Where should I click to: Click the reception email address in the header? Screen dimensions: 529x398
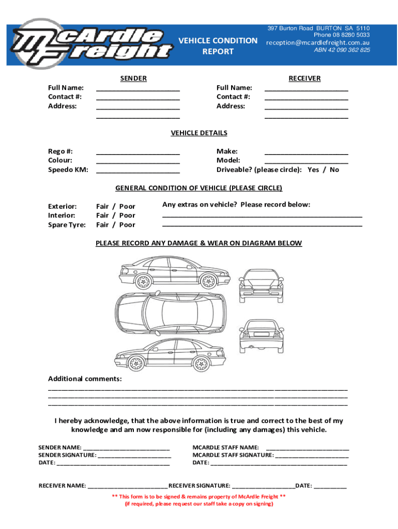[x=318, y=43]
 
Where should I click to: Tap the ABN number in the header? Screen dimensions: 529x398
[x=342, y=51]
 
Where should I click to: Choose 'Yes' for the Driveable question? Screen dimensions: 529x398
[x=313, y=170]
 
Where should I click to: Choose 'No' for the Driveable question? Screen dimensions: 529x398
[x=334, y=170]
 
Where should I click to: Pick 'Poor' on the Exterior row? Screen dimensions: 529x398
[x=127, y=206]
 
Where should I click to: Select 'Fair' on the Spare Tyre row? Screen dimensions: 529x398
[x=102, y=225]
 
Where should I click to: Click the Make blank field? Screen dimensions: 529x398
[x=306, y=152]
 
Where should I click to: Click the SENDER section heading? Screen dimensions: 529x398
[x=133, y=79]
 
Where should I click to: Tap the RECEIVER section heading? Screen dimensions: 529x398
[x=304, y=79]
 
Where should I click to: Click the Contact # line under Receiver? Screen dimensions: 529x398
[x=306, y=97]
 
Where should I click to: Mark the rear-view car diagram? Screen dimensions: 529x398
[x=262, y=335]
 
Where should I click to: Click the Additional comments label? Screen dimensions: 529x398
[x=85, y=379]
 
